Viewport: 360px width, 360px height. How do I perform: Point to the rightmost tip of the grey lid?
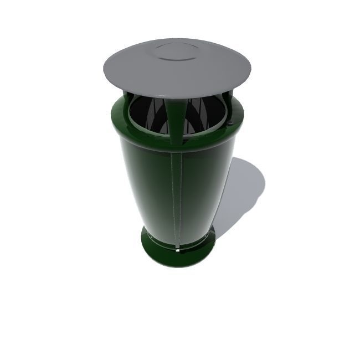tap(252, 66)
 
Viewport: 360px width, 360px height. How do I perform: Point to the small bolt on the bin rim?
tap(232, 122)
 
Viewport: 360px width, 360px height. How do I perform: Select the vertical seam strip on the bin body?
tap(177, 199)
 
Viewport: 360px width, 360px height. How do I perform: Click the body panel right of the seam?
tap(202, 194)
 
